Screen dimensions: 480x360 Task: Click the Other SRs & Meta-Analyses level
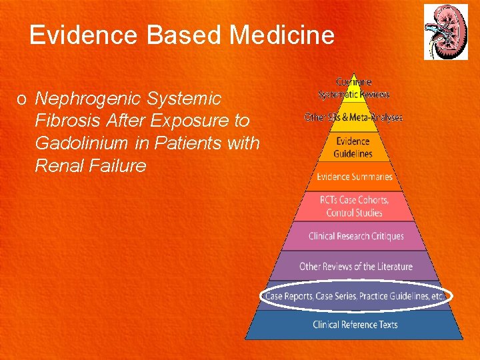point(354,117)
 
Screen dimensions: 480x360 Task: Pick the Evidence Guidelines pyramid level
point(354,147)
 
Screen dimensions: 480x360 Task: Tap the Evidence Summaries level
point(354,177)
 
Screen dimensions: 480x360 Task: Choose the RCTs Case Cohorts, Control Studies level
point(354,206)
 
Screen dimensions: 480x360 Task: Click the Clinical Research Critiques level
point(355,236)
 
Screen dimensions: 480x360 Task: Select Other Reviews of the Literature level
point(355,266)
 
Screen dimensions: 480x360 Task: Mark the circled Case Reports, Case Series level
point(355,296)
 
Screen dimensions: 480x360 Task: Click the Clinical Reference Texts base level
point(355,325)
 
